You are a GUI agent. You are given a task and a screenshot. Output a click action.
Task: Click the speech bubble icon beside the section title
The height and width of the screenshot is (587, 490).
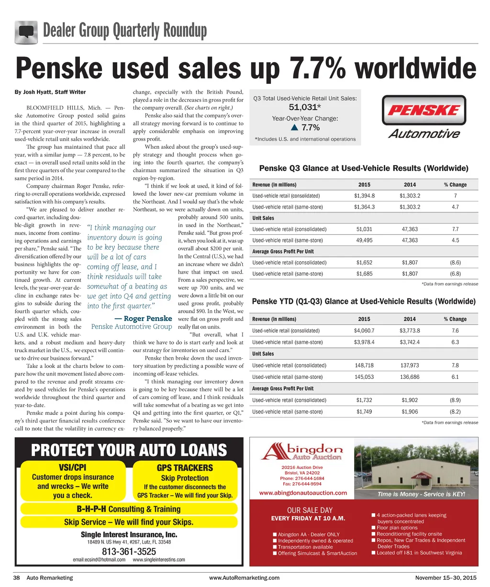tap(26, 32)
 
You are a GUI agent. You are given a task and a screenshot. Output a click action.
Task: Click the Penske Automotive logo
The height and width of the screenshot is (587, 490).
tap(424, 117)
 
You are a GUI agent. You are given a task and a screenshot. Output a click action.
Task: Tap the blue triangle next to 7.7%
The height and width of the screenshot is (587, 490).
tap(294, 128)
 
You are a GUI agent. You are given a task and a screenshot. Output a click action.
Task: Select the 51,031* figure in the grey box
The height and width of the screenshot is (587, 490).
tap(304, 107)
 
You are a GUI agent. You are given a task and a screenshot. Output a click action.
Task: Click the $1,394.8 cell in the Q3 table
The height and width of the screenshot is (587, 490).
tap(364, 196)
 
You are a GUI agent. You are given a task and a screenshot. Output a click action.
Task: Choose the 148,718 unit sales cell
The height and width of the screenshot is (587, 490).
tap(364, 365)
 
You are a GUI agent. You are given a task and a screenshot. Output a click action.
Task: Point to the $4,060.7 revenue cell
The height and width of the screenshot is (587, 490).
tap(364, 331)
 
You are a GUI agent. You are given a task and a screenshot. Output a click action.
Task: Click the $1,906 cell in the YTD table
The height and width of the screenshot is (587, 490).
tap(410, 411)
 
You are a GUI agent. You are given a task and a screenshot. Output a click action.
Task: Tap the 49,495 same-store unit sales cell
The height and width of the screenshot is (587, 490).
tap(364, 240)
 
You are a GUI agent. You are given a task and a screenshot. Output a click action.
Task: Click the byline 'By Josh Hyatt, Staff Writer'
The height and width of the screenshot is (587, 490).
tap(50, 92)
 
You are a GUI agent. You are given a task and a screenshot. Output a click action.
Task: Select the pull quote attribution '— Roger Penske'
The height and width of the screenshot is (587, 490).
tap(143, 319)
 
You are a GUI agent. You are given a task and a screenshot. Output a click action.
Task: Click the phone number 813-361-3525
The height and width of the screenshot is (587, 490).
tap(129, 552)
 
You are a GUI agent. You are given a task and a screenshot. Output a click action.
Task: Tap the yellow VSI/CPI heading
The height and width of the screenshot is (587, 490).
tap(72, 467)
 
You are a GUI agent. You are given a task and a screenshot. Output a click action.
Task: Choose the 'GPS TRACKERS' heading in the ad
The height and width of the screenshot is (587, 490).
tap(185, 467)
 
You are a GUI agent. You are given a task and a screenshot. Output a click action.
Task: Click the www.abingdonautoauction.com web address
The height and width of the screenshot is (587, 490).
tap(303, 493)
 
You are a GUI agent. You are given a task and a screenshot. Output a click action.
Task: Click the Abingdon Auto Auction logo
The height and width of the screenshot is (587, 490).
tap(302, 452)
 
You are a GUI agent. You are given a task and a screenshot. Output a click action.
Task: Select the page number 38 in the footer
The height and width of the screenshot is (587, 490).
tap(16, 578)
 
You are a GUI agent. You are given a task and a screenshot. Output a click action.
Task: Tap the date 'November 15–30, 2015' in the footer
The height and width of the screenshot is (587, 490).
tap(446, 578)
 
